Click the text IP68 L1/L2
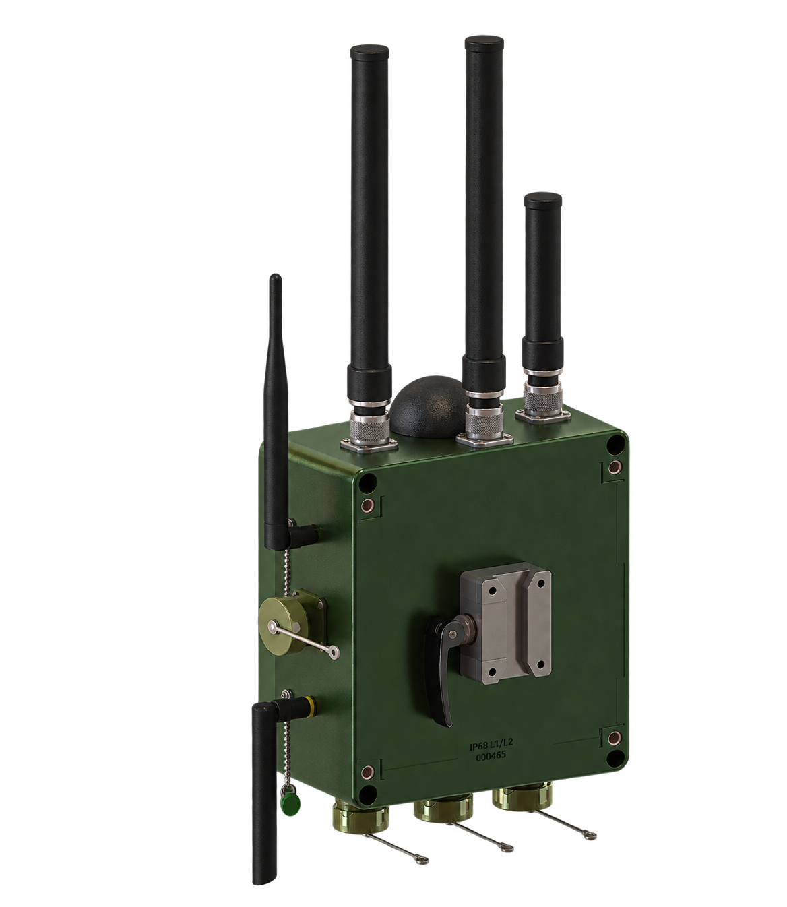click(x=491, y=746)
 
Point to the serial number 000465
click(x=491, y=757)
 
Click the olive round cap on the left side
click(x=283, y=625)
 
